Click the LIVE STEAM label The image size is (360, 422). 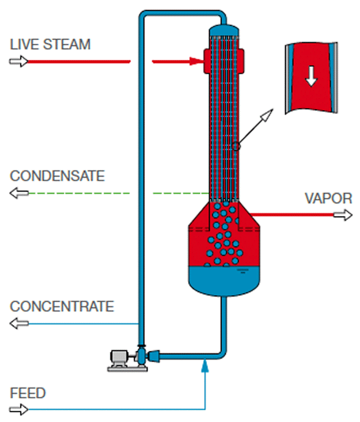pos(50,44)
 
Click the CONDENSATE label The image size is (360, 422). pos(58,176)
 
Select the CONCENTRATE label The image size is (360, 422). pos(62,306)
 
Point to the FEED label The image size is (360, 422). pos(28,393)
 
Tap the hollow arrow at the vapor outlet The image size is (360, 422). pos(344,215)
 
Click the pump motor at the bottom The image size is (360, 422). pos(120,358)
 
